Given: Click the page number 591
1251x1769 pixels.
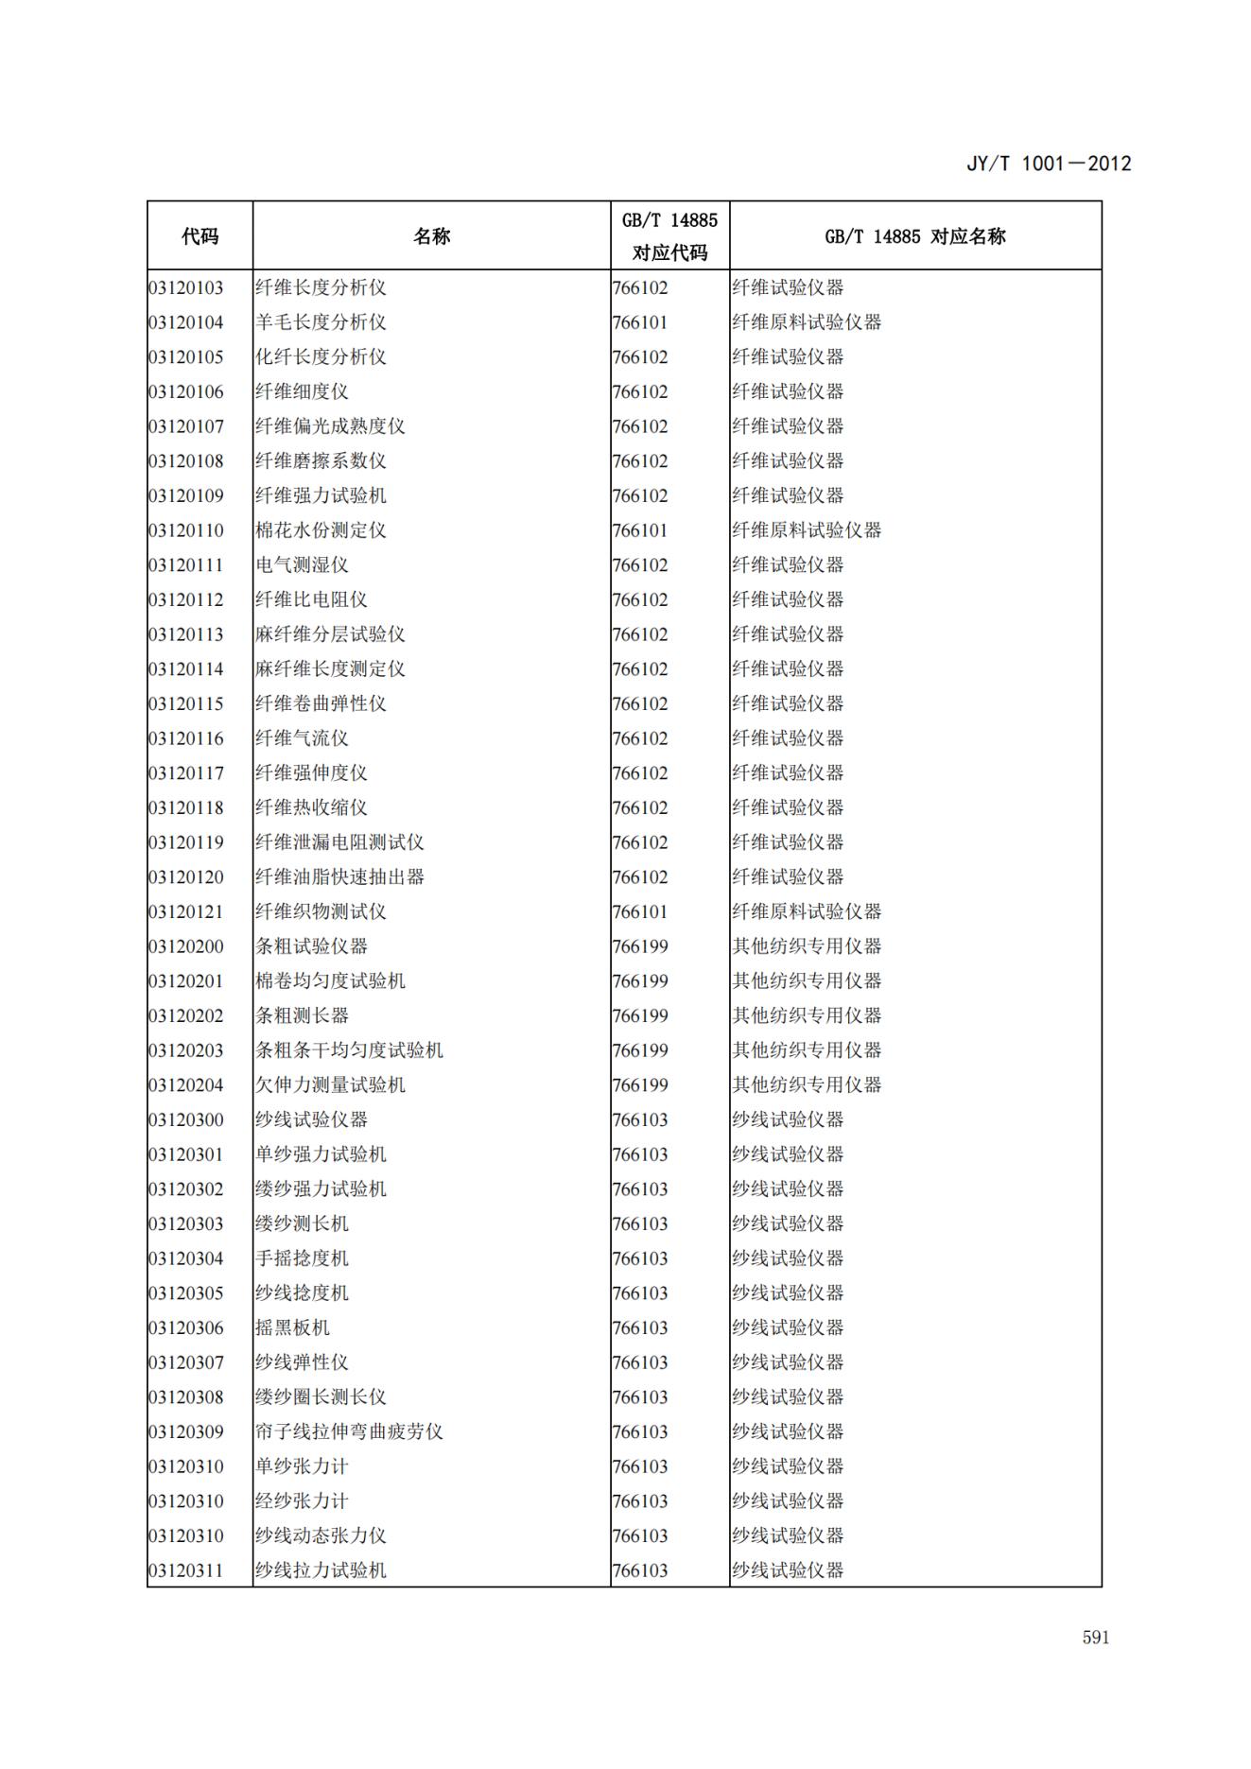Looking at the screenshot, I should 1095,1637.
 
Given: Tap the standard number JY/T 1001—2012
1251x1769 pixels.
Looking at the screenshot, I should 1048,164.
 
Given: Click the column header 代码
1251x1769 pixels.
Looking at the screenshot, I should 200,236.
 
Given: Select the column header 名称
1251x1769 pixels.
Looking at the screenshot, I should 431,236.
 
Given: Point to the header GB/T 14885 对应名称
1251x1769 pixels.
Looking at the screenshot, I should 914,236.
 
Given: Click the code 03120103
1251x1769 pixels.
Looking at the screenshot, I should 186,287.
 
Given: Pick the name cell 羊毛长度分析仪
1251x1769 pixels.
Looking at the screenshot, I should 321,322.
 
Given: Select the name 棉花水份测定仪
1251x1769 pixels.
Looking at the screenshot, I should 321,530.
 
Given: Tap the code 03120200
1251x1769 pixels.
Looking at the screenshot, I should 186,946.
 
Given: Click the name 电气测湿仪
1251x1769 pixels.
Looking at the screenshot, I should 302,565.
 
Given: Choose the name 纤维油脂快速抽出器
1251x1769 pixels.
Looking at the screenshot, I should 339,877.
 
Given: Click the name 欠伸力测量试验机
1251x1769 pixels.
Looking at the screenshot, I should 330,1085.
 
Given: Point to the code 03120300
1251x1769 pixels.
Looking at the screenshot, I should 186,1120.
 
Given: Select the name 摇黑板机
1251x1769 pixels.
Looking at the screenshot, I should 292,1328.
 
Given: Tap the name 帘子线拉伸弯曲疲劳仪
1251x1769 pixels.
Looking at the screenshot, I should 349,1432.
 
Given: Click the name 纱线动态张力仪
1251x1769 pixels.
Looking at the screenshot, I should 321,1536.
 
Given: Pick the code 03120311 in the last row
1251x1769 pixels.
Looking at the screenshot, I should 186,1571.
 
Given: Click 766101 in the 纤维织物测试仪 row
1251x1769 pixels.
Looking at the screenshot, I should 640,912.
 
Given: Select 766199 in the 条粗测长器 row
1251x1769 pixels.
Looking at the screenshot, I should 640,1016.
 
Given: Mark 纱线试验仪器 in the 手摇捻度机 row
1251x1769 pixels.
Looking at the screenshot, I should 788,1258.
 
